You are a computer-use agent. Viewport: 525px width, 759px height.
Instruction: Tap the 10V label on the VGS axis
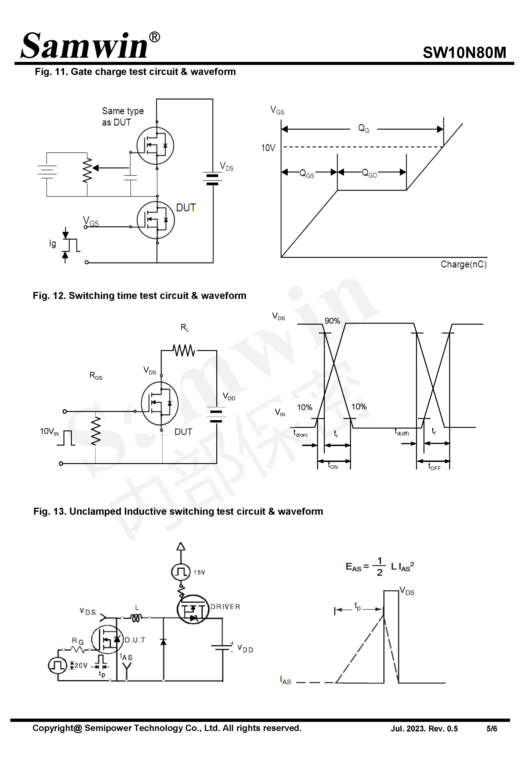coord(268,148)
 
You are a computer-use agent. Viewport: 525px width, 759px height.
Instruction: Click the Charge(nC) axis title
coord(463,264)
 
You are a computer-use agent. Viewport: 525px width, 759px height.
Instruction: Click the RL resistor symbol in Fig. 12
coord(184,350)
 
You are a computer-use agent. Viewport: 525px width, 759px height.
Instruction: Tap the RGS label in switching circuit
coord(96,376)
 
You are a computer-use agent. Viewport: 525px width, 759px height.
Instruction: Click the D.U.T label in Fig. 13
coord(135,640)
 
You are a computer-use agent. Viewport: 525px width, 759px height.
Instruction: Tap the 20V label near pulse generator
coord(80,666)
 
